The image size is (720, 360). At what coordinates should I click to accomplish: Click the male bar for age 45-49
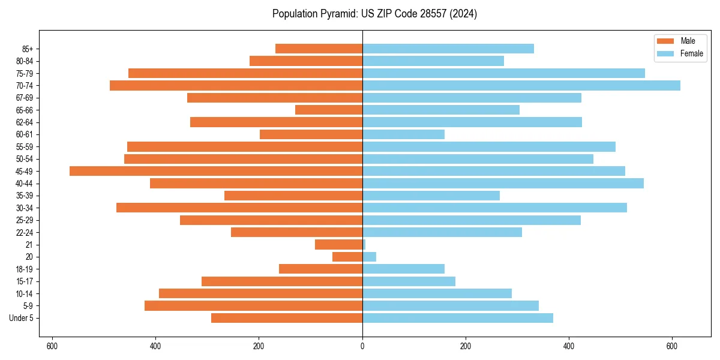(x=216, y=171)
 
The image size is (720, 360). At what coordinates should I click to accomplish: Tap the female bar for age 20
(x=370, y=257)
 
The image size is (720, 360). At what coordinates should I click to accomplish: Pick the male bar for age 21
(x=338, y=244)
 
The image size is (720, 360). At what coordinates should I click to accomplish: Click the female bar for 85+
(x=448, y=49)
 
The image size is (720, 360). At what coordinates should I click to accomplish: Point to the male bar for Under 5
(x=287, y=318)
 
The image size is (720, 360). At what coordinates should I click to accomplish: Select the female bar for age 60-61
(x=403, y=134)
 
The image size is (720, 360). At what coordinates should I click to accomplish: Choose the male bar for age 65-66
(x=329, y=110)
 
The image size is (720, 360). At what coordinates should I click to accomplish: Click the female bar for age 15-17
(x=409, y=281)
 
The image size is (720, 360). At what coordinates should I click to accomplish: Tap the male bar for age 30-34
(x=239, y=208)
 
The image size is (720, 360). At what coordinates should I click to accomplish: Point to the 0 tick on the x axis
(x=362, y=346)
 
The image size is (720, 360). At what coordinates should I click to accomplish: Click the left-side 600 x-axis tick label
(x=52, y=346)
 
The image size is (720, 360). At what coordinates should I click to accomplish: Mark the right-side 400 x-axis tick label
(x=569, y=346)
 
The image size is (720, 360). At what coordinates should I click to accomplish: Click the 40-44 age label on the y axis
(x=24, y=183)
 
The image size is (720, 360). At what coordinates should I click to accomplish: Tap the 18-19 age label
(x=24, y=269)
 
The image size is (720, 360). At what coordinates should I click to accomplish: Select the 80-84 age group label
(x=24, y=61)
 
